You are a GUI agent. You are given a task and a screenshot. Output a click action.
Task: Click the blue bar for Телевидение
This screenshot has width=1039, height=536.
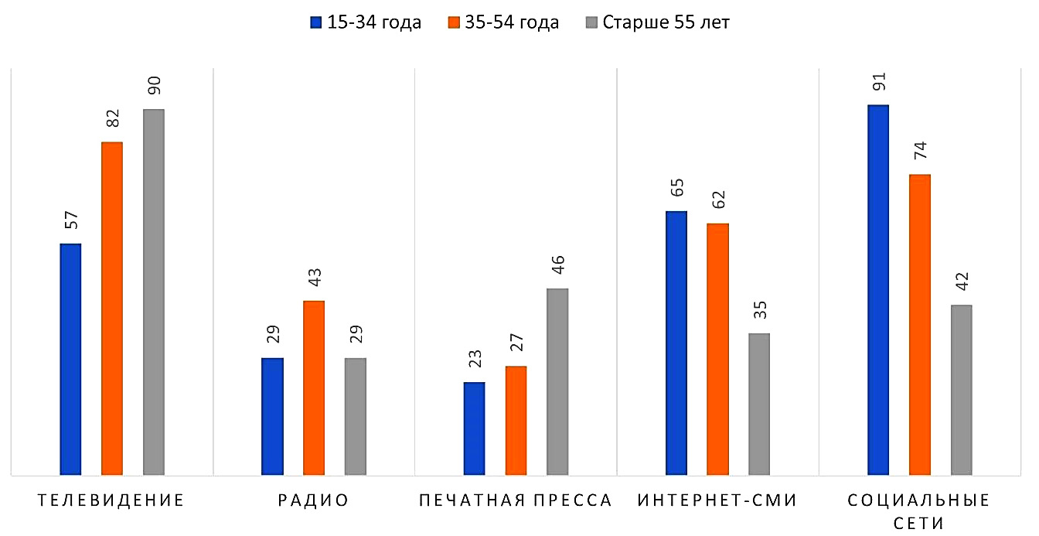click(x=70, y=359)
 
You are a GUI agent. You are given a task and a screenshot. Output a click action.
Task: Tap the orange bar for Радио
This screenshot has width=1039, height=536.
click(x=314, y=387)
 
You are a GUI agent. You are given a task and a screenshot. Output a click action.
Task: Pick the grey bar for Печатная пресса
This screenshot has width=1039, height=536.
click(x=557, y=381)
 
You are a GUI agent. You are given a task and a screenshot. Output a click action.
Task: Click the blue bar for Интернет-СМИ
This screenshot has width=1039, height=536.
click(x=676, y=343)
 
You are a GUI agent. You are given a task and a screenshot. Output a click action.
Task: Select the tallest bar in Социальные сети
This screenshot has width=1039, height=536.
click(x=878, y=289)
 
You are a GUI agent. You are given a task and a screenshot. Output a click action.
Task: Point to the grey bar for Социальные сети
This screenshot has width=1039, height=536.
click(x=962, y=389)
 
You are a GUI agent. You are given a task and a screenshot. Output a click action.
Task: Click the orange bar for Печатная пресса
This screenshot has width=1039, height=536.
click(x=516, y=420)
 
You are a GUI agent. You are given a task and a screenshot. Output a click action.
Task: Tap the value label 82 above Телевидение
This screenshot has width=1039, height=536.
click(x=113, y=120)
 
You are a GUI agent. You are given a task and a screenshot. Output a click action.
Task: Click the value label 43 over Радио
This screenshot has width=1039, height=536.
click(x=315, y=278)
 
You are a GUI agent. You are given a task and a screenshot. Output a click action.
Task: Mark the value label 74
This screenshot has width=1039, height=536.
click(x=920, y=152)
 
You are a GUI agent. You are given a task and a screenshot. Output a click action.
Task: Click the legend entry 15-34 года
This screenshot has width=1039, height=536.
click(x=366, y=22)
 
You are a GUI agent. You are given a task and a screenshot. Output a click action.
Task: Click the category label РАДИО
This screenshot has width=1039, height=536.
click(x=314, y=500)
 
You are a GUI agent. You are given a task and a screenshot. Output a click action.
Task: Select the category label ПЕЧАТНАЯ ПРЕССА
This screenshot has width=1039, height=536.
click(x=516, y=500)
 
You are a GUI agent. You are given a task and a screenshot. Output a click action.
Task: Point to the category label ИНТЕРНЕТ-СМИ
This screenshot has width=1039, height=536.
click(x=717, y=500)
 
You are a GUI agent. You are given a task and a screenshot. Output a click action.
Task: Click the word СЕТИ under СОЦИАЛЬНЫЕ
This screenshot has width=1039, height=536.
click(x=919, y=523)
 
